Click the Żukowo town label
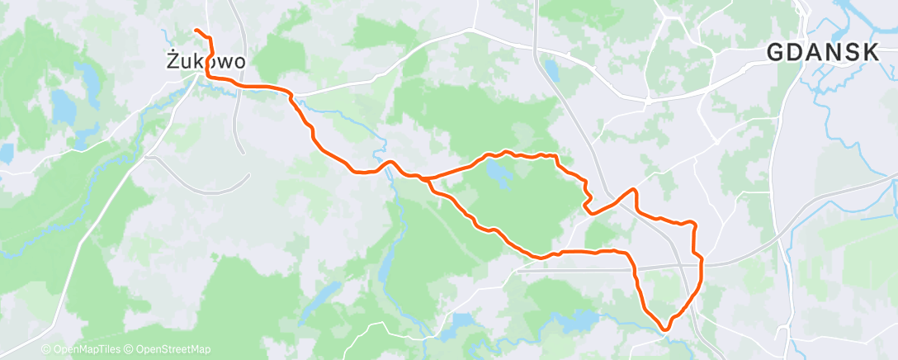tap(206, 61)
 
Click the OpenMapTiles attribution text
tap(82, 350)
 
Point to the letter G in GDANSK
tap(777, 53)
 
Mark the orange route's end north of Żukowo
tap(196, 31)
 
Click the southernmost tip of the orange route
tap(664, 331)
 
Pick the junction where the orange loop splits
tap(426, 178)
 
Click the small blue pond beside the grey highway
tap(551, 73)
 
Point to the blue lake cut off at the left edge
tap(5, 153)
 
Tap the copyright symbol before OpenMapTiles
tap(46, 350)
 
